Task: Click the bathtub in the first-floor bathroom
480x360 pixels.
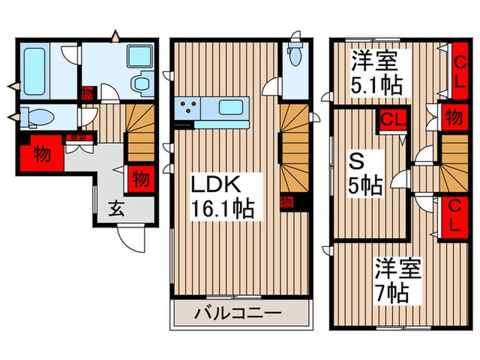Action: point(35,69)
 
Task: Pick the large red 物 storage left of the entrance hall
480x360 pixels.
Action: point(41,154)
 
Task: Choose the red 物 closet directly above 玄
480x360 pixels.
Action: point(139,178)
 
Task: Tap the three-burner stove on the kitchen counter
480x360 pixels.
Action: point(188,107)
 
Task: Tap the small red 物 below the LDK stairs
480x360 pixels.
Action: point(286,202)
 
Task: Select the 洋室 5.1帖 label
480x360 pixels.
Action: point(376,73)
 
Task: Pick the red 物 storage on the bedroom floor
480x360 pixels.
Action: point(453,116)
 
